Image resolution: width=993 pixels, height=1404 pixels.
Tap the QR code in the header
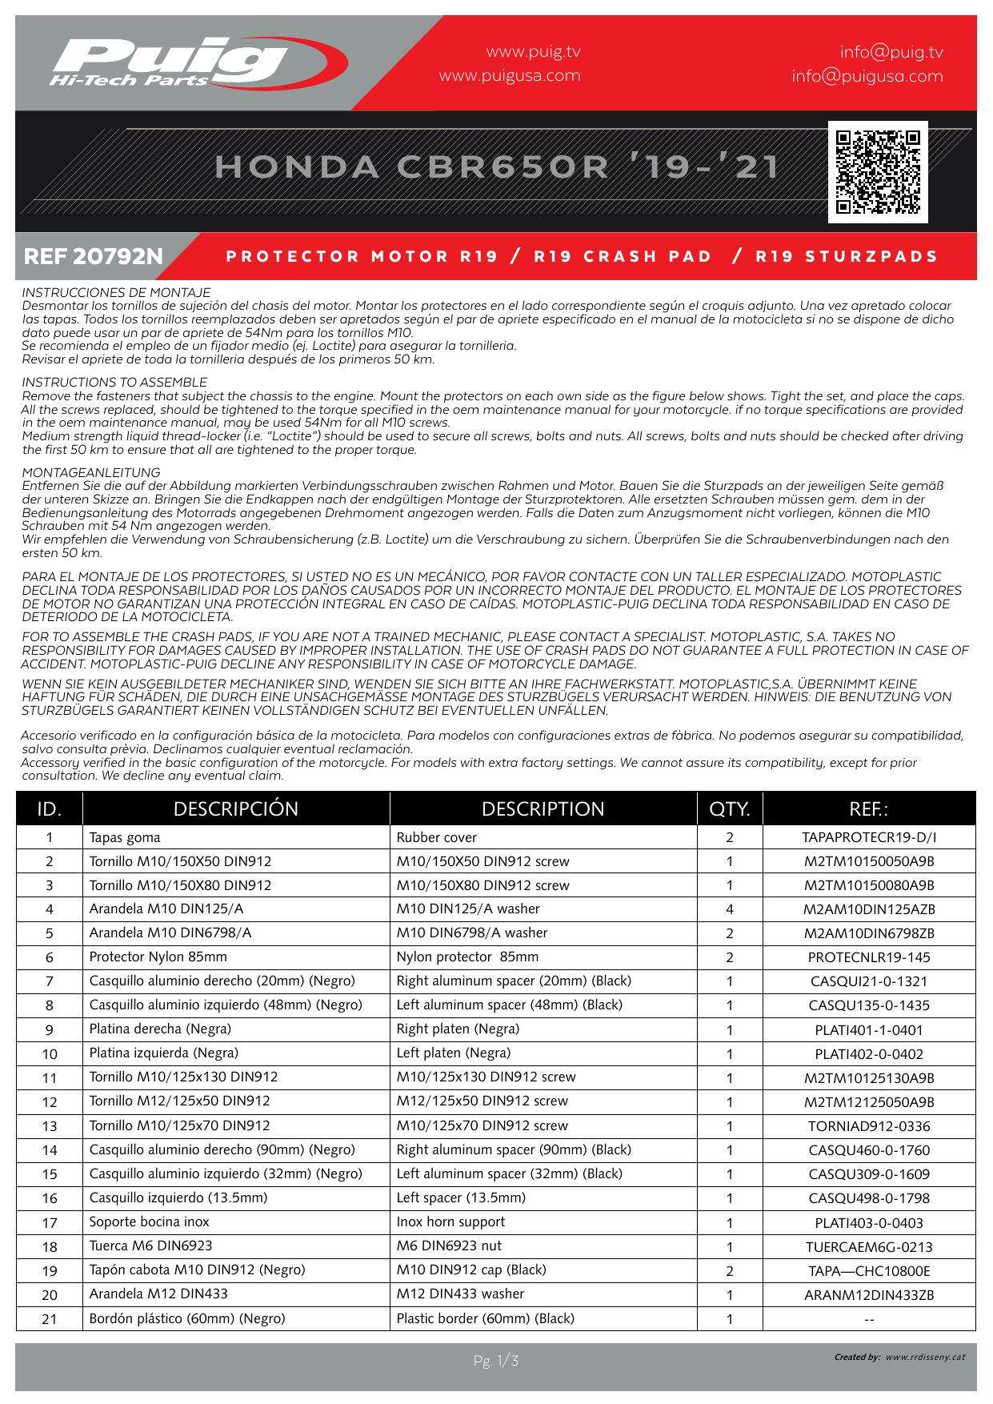click(878, 171)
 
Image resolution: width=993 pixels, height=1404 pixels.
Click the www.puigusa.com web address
click(510, 76)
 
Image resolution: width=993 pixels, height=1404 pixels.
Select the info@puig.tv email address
click(891, 52)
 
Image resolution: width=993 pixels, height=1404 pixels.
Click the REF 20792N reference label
click(94, 257)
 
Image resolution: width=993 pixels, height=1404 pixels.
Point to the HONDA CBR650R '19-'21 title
click(496, 166)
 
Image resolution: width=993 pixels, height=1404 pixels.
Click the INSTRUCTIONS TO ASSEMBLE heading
click(114, 383)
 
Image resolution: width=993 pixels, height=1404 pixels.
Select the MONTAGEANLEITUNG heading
click(91, 472)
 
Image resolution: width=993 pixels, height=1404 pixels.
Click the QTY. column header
click(729, 808)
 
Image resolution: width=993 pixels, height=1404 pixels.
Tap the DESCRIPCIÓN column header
click(235, 808)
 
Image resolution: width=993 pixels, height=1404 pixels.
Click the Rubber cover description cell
click(437, 837)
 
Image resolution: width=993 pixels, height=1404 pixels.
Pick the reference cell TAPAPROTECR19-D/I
click(869, 837)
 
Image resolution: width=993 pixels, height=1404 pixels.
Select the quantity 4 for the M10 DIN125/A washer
click(729, 909)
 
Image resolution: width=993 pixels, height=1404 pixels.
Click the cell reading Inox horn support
click(450, 1221)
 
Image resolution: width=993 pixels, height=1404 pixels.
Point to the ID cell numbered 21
click(50, 1318)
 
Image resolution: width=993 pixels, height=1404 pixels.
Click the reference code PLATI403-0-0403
click(869, 1222)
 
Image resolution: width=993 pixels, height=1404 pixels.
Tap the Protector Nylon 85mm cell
click(158, 957)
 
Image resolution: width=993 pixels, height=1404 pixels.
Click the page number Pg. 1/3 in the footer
click(496, 1361)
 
